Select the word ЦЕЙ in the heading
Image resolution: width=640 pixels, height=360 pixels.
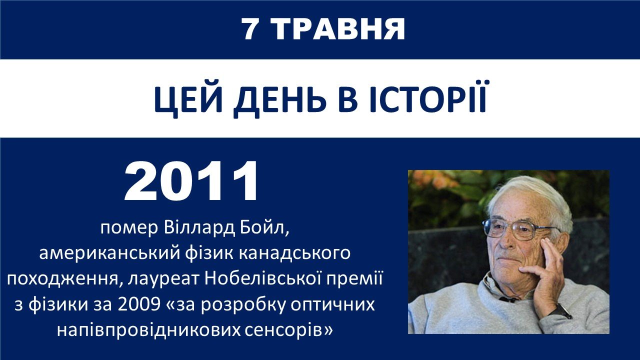pyautogui.click(x=188, y=99)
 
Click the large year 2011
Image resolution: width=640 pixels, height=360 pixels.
pyautogui.click(x=191, y=181)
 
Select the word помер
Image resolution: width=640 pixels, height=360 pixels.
pyautogui.click(x=129, y=228)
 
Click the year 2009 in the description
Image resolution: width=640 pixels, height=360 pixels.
pyautogui.click(x=139, y=305)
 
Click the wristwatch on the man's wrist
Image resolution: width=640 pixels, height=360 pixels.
pyautogui.click(x=559, y=311)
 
